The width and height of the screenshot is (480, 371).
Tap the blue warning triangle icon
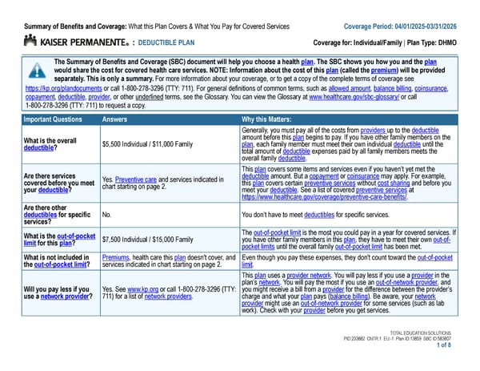tap(34, 71)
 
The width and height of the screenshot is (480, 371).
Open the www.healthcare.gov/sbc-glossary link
tap(351, 95)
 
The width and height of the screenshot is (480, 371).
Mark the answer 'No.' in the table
tap(107, 215)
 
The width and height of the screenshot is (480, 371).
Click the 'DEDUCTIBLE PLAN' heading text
tap(171, 42)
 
